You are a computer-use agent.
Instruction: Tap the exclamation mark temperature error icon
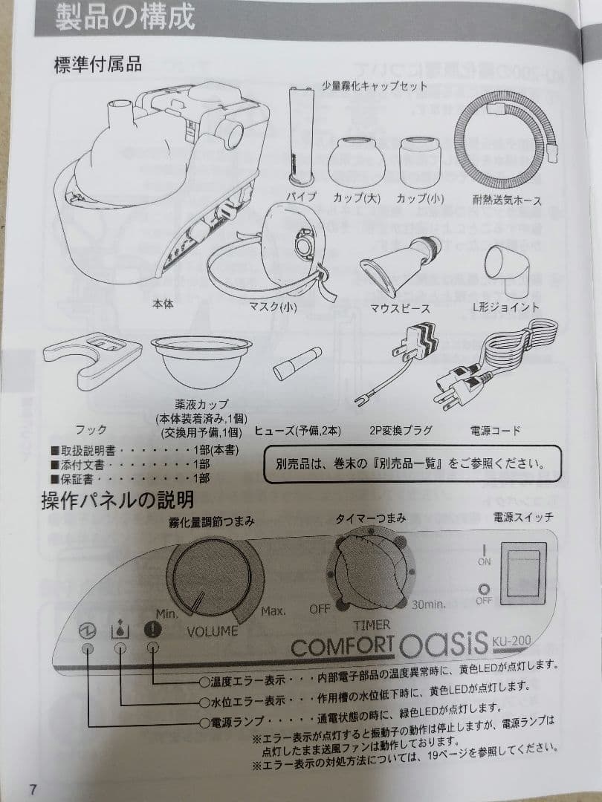pos(154,630)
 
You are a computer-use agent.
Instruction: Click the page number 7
pos(33,789)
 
